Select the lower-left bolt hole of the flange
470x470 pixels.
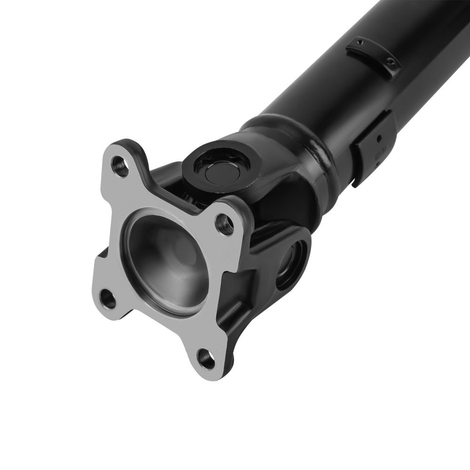coord(108,299)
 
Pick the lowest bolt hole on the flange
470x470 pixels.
coord(206,359)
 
